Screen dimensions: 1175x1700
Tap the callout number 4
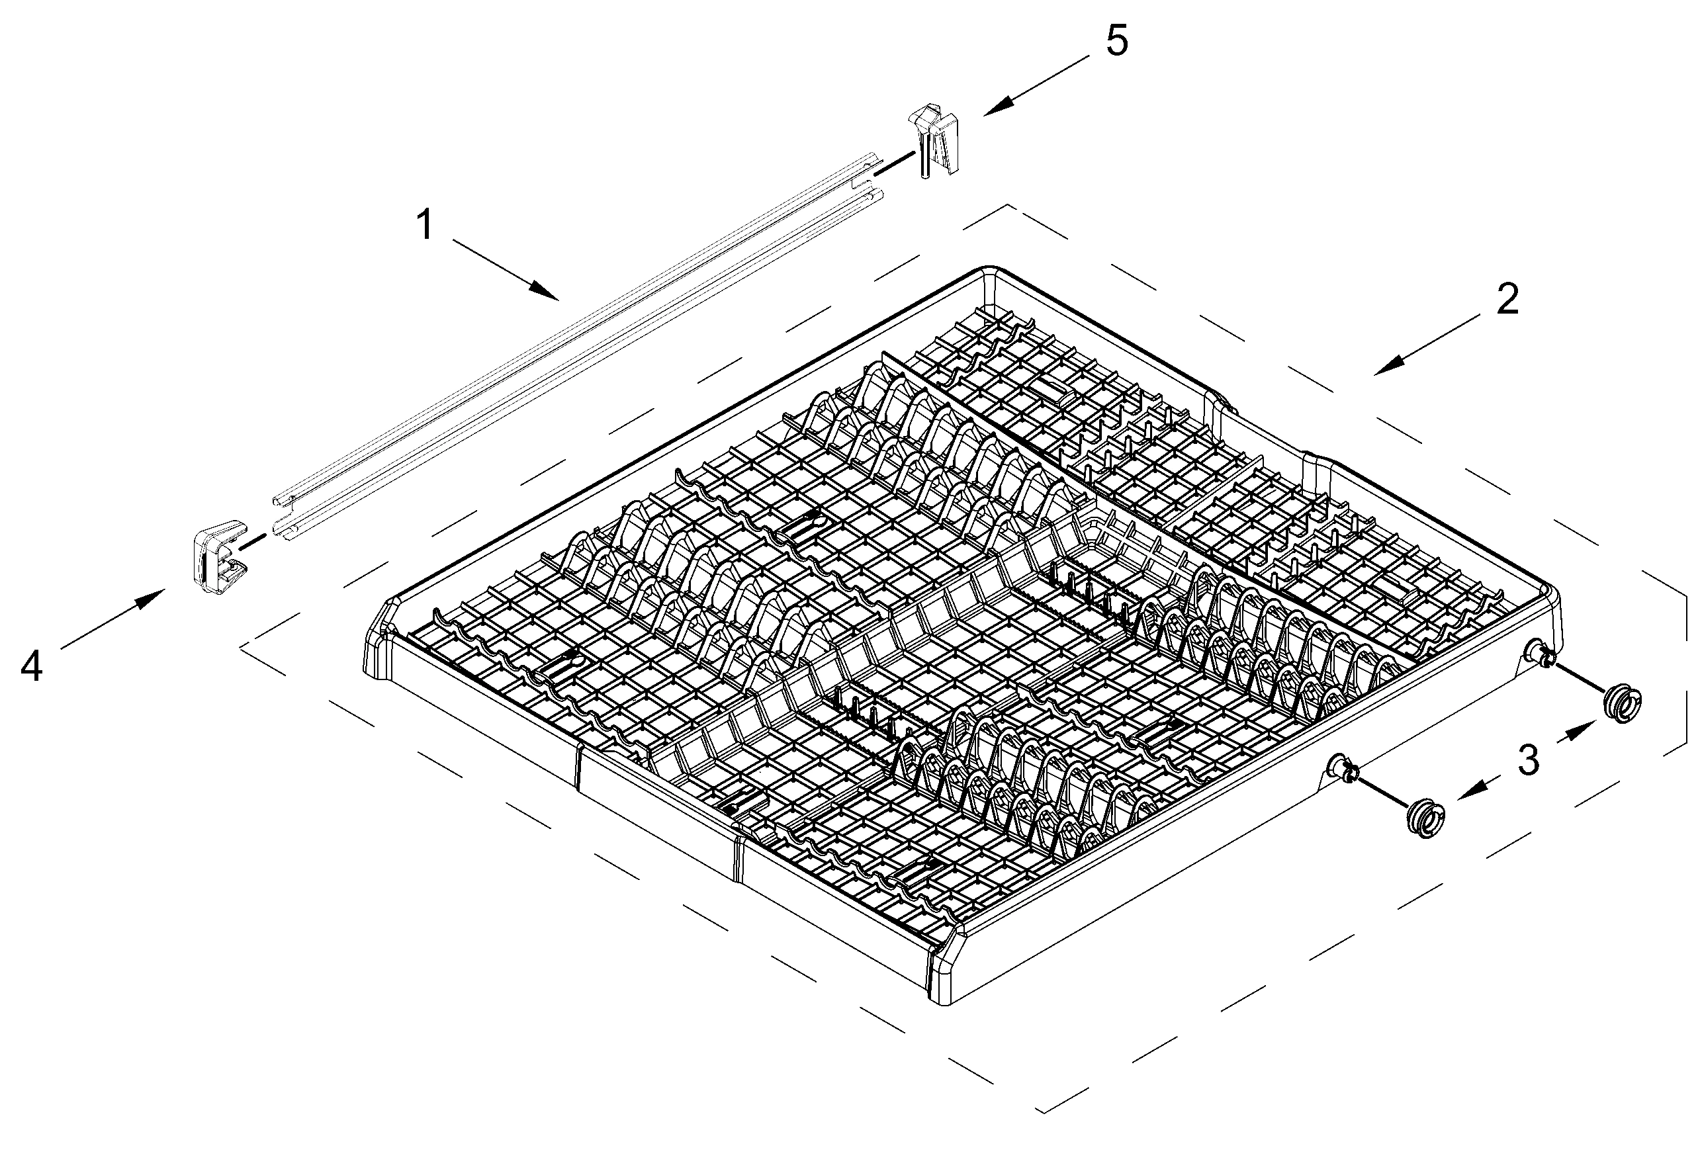pos(31,667)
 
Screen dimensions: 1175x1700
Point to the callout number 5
pos(1117,40)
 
